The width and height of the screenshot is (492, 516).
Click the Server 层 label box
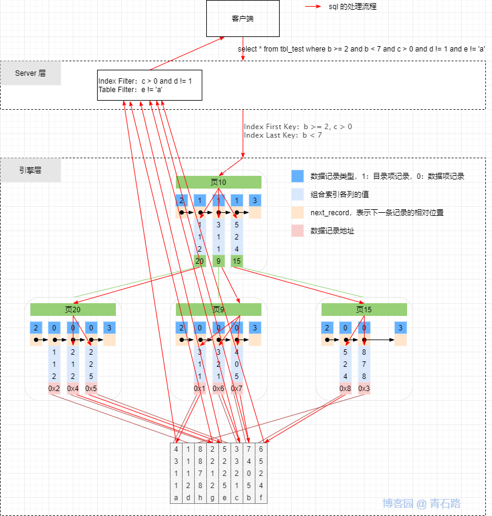tap(30, 73)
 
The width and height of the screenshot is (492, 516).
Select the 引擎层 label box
tap(30, 170)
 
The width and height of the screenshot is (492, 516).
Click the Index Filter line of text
tap(146, 81)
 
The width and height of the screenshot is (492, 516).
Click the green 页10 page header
tap(218, 182)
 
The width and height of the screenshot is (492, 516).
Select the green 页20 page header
tap(73, 309)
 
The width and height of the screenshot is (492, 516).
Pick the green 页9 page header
tap(218, 309)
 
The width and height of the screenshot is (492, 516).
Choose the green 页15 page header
tap(364, 309)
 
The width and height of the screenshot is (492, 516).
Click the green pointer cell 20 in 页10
tap(200, 261)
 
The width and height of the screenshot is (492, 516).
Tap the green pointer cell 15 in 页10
tap(237, 261)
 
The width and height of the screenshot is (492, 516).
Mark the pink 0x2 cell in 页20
tap(55, 388)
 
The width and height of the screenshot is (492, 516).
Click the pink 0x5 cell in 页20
tap(91, 388)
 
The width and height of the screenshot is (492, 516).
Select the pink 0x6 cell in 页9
tap(218, 388)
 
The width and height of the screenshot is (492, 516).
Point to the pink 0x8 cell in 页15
tap(345, 388)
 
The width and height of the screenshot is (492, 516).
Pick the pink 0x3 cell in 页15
tap(364, 388)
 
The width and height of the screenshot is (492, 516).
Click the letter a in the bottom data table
tap(177, 497)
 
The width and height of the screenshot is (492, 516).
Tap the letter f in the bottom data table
tap(261, 497)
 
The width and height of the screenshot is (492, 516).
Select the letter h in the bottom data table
tap(200, 497)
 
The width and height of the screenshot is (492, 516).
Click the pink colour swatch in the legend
tap(297, 230)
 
